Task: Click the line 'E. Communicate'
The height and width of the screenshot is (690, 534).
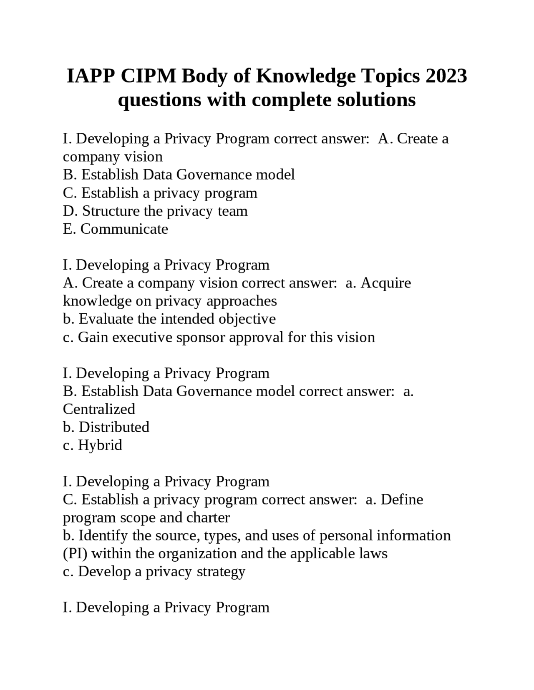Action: tap(116, 229)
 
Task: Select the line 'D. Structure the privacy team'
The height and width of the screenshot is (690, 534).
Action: tap(155, 211)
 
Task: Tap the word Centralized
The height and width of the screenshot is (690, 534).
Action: tap(99, 409)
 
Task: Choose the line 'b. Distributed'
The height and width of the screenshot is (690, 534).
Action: tap(106, 427)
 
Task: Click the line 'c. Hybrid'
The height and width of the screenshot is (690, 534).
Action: tap(93, 445)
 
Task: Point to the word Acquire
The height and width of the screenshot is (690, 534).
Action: tap(385, 283)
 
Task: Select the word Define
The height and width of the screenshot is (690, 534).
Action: tap(402, 499)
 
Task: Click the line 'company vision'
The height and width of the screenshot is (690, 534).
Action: tap(113, 157)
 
